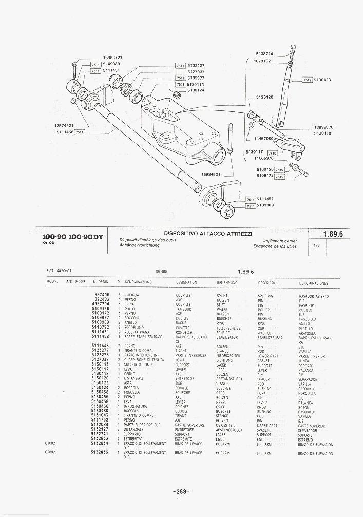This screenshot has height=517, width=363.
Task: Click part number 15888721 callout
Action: (112, 58)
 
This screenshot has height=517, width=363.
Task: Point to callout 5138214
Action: (264, 54)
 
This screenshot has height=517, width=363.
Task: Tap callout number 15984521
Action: (211, 174)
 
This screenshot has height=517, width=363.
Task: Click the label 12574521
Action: (64, 126)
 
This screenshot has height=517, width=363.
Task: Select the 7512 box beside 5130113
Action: (180, 84)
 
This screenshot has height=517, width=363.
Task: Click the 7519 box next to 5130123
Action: (307, 80)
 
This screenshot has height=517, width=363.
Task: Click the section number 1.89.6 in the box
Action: (333, 234)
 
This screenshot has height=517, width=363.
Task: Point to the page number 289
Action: (182, 492)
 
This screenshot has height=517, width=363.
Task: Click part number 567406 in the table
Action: (102, 295)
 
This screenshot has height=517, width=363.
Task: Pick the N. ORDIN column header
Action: (101, 282)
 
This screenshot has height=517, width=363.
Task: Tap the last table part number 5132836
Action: (100, 452)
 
